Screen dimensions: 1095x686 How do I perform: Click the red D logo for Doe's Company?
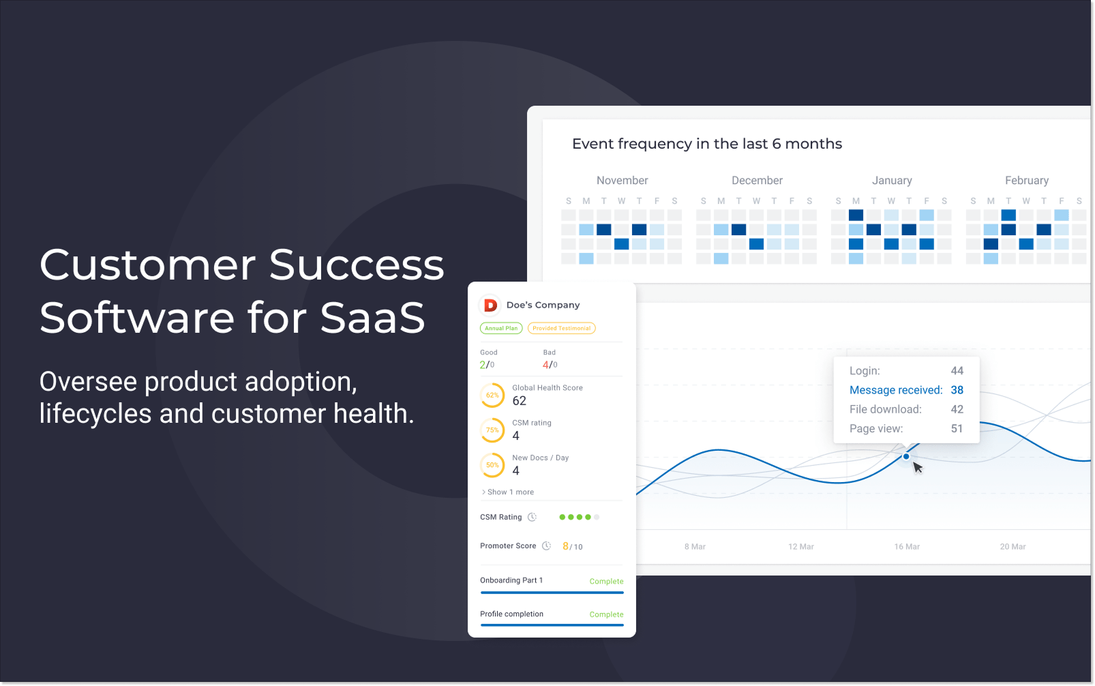click(x=490, y=305)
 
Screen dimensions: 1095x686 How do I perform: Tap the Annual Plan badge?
click(x=501, y=328)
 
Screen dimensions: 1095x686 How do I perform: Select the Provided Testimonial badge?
click(x=561, y=328)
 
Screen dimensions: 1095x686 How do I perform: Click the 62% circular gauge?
click(x=492, y=395)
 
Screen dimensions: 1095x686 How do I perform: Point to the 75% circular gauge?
click(x=492, y=430)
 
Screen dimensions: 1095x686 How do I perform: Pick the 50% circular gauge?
click(x=492, y=465)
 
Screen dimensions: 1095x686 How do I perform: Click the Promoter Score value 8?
click(x=566, y=546)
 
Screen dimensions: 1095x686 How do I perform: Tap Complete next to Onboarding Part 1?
click(x=606, y=581)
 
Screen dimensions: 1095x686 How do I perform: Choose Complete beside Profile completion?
click(x=606, y=614)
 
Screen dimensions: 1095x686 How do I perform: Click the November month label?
click(x=622, y=181)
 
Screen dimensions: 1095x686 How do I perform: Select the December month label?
click(x=757, y=181)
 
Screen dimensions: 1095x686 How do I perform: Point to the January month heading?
click(x=892, y=181)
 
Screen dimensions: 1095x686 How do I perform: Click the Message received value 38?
click(x=957, y=390)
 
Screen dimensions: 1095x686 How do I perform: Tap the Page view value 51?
click(x=957, y=429)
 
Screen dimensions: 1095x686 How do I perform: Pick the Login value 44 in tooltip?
click(x=957, y=371)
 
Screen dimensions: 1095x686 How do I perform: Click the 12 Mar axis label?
click(x=800, y=547)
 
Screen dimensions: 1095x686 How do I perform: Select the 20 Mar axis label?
click(x=1012, y=547)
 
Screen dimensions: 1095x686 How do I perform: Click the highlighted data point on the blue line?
click(x=906, y=456)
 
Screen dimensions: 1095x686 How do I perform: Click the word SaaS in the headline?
click(x=372, y=318)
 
